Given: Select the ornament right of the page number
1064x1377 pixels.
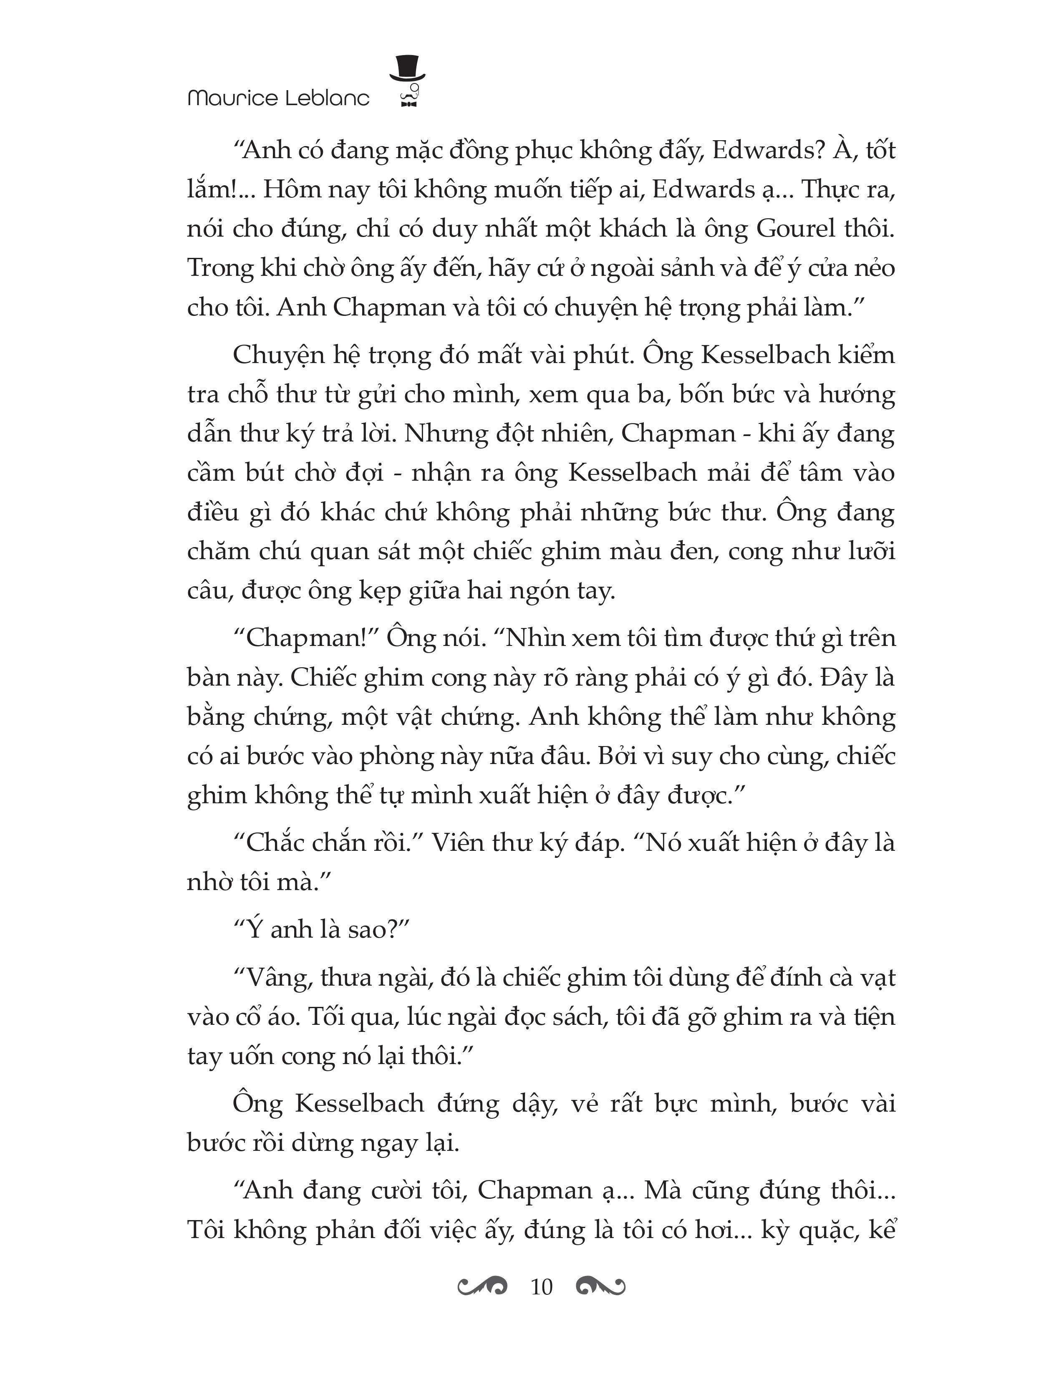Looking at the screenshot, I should (x=600, y=1286).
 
